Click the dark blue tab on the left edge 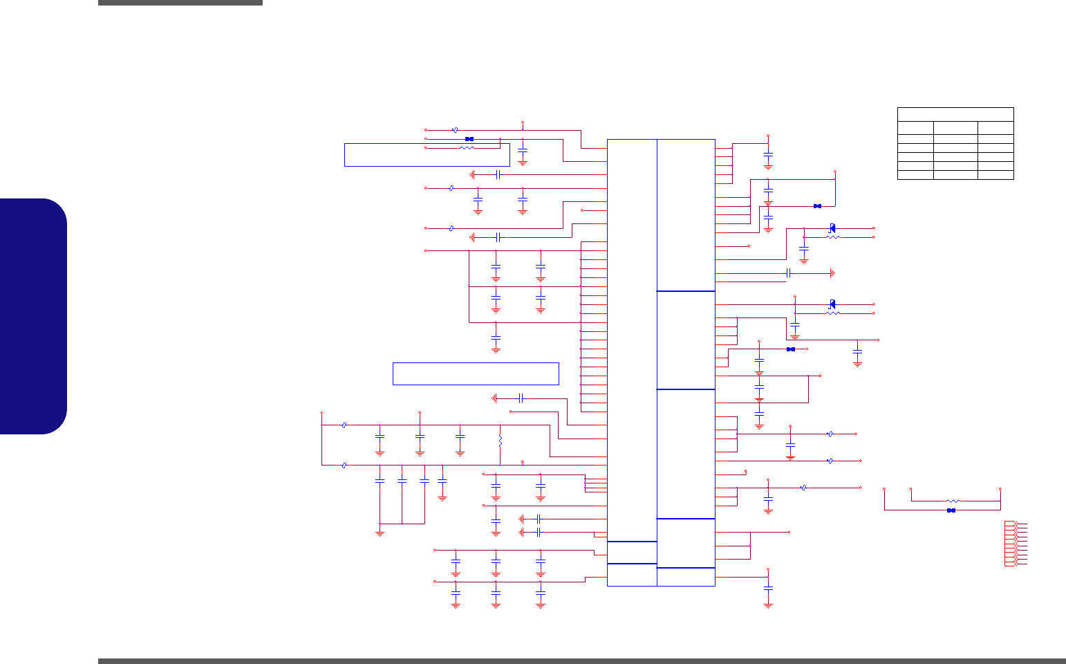(x=33, y=316)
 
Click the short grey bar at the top (x=180, y=3)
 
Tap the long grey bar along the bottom (x=581, y=661)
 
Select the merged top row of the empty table (x=955, y=114)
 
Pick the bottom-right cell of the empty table (x=995, y=175)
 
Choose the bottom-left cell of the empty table (x=915, y=175)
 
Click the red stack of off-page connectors (x=1011, y=544)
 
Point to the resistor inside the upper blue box (x=467, y=148)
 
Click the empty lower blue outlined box (x=476, y=373)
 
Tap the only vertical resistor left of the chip (x=500, y=440)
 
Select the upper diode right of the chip (x=832, y=228)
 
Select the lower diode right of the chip (x=832, y=304)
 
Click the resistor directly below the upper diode (x=833, y=237)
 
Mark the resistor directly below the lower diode (x=833, y=313)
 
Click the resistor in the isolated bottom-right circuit (x=953, y=501)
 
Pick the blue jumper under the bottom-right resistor (x=951, y=510)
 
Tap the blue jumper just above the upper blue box (x=469, y=139)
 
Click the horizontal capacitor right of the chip (x=788, y=273)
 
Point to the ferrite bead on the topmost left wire (x=454, y=129)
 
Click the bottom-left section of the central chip (x=632, y=575)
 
